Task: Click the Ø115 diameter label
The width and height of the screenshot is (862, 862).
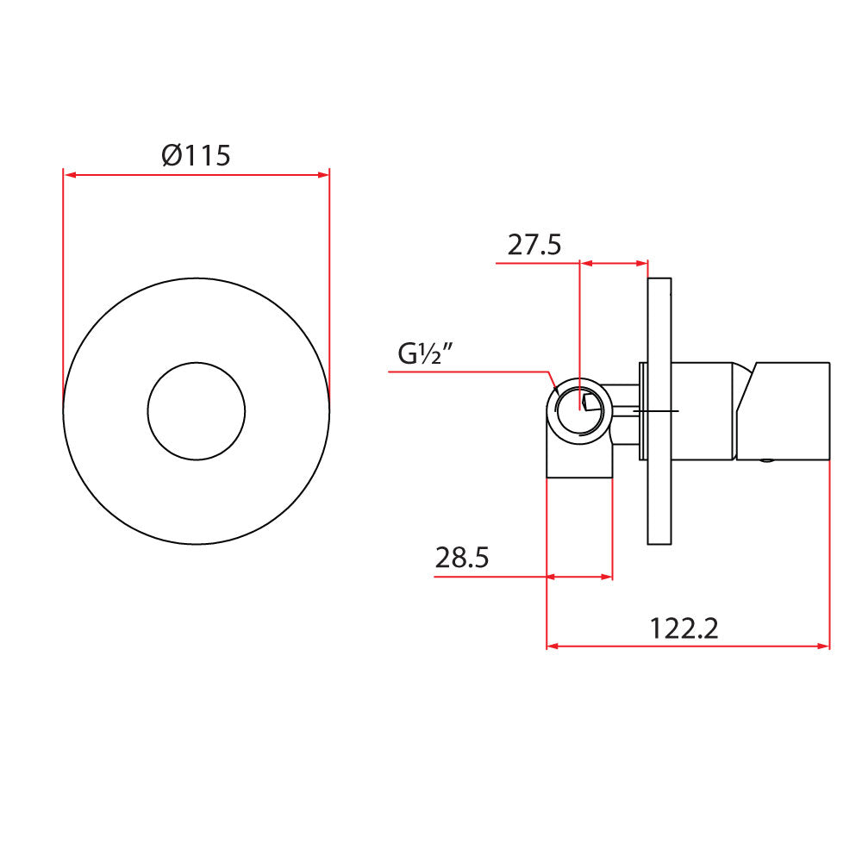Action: tap(197, 156)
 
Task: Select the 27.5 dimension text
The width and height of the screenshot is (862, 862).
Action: tap(534, 245)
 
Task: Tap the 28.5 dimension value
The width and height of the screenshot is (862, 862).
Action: tap(462, 558)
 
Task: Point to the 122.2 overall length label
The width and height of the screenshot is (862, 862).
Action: tap(684, 628)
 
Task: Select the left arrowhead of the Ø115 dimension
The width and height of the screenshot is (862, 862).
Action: tap(69, 175)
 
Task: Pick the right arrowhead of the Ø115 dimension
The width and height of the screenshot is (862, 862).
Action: tap(324, 175)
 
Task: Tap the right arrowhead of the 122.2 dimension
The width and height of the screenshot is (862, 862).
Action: tap(823, 645)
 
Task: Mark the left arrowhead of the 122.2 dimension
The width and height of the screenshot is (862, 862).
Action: tap(553, 645)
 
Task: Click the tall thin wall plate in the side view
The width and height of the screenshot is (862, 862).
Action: tap(659, 411)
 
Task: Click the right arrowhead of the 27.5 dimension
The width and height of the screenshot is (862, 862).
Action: tap(642, 263)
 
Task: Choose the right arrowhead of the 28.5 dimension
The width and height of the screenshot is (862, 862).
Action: tap(607, 576)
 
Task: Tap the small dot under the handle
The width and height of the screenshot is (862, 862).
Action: tap(765, 463)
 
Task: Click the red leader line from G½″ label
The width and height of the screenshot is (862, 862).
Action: tap(470, 372)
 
